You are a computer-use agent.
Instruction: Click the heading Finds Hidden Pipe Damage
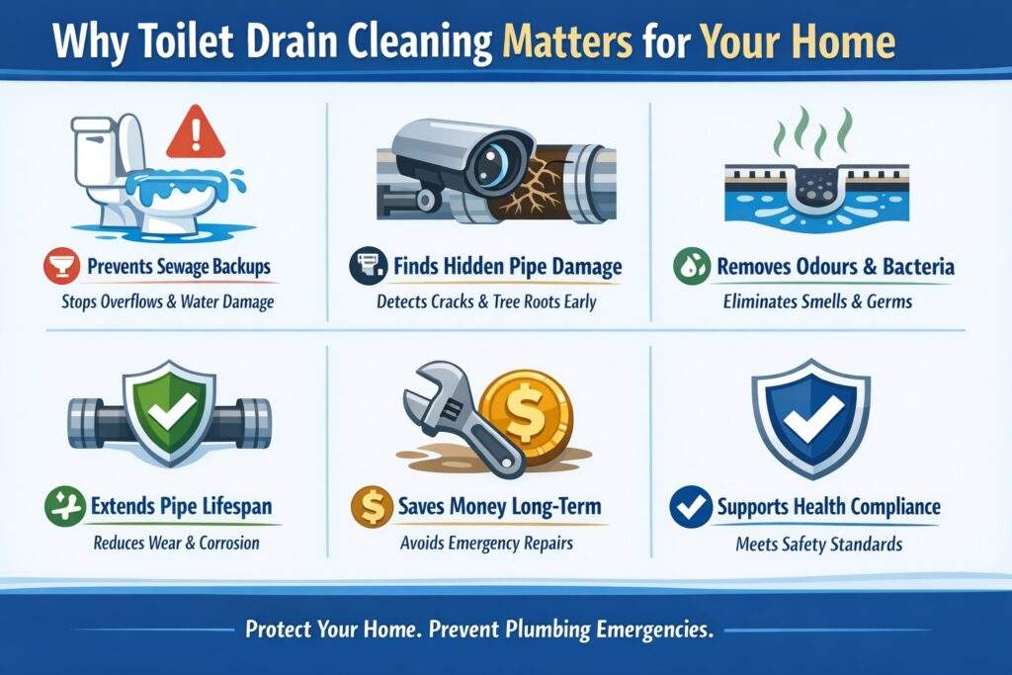(508, 266)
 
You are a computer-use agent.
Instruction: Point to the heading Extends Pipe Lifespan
(185, 508)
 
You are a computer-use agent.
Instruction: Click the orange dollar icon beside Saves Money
(366, 508)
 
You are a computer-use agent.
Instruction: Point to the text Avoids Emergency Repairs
(487, 543)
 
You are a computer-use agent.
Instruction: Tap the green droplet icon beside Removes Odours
(688, 267)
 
